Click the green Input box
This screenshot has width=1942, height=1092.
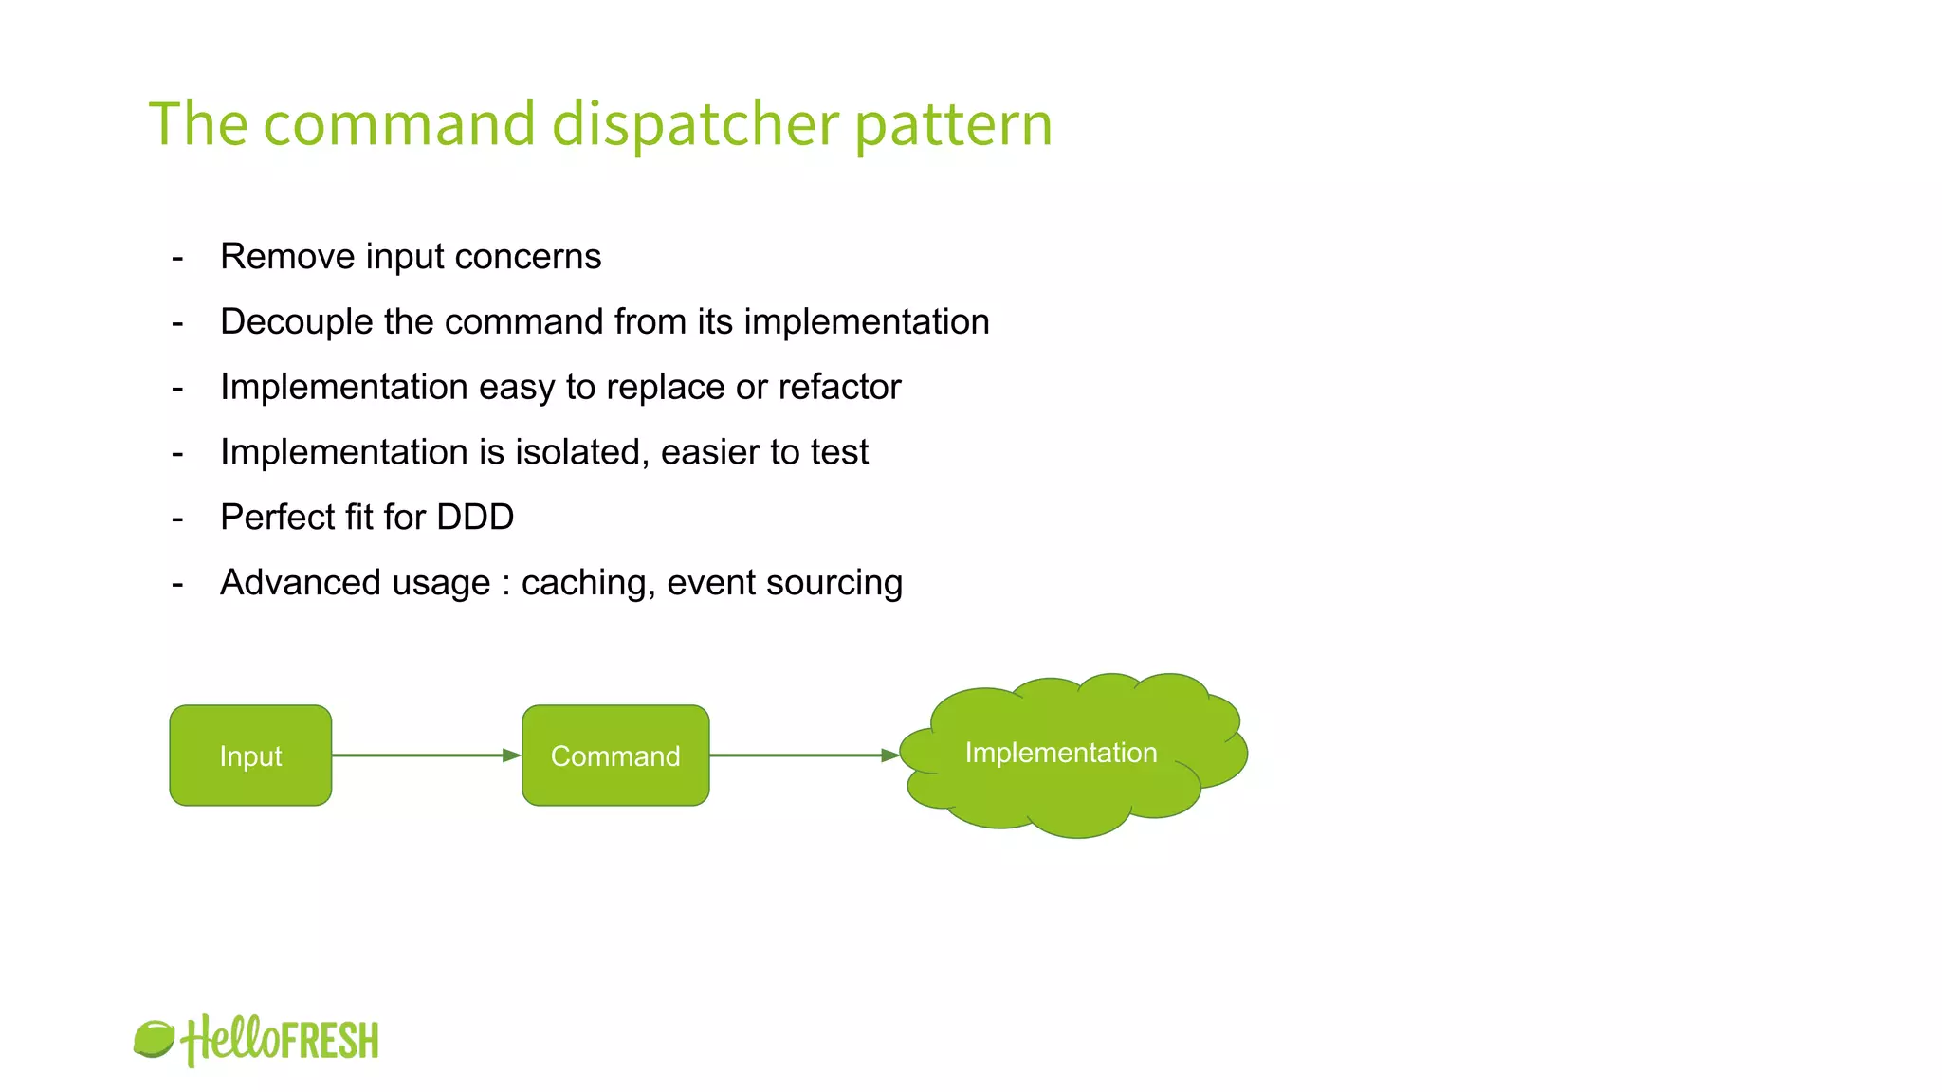point(250,755)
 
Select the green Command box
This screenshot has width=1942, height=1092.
point(615,755)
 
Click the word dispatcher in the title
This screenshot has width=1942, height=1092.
point(695,124)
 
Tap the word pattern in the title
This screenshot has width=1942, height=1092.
point(953,126)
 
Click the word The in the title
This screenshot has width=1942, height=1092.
point(198,124)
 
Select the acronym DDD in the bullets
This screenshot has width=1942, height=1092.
point(475,518)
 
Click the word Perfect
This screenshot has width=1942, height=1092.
point(278,518)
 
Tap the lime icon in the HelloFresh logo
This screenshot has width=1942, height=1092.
point(154,1039)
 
